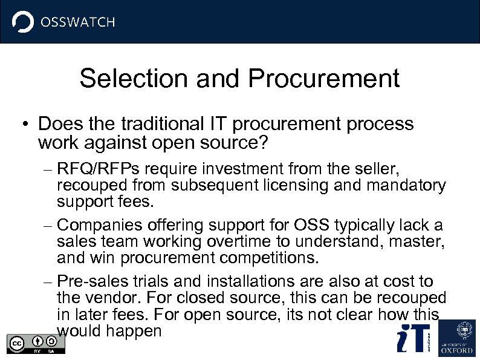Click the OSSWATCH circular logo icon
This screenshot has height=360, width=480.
[24, 22]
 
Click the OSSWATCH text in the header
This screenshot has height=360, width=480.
[77, 22]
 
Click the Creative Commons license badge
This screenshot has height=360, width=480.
[36, 343]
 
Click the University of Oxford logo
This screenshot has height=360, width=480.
[456, 337]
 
